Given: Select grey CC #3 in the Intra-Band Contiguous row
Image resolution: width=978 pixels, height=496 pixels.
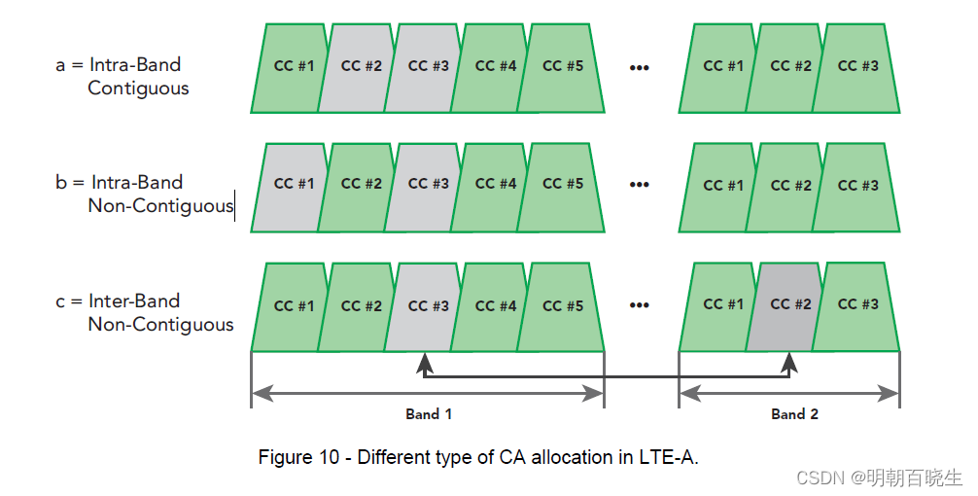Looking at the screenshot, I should [429, 67].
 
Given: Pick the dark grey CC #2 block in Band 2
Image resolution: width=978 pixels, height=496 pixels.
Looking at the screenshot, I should [790, 305].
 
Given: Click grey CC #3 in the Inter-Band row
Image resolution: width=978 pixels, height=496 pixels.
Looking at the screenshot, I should [429, 306].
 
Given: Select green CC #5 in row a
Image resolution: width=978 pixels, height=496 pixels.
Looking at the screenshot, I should [563, 67].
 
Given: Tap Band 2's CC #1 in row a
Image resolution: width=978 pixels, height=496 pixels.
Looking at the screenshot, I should [723, 67].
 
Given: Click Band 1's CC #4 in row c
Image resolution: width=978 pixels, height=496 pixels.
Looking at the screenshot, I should [496, 306].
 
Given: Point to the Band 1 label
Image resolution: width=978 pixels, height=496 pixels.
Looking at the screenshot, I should [429, 414].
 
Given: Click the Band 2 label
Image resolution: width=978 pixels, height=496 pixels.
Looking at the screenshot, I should [794, 414].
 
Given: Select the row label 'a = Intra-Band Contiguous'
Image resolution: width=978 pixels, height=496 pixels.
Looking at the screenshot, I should [121, 77].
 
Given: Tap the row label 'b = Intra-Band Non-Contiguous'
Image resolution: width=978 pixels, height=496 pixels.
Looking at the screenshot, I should [145, 194].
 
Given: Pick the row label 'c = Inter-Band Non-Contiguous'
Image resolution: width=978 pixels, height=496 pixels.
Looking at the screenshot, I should [145, 312].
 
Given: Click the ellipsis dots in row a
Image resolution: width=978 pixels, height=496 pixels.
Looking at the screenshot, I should [639, 67].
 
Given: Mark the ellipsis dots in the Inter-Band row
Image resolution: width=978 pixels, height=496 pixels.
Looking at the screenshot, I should [639, 305].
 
